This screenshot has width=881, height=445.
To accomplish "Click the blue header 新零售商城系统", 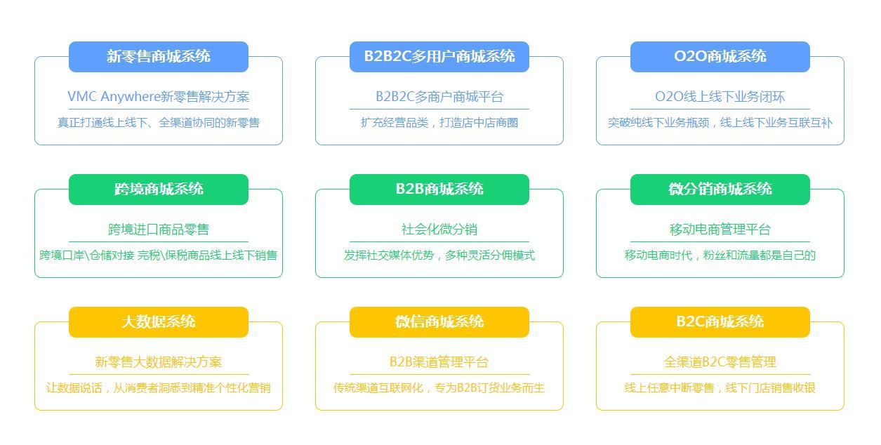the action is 159,57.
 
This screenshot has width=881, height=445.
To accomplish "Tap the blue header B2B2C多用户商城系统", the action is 439,57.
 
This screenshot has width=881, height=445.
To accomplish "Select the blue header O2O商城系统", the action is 720,57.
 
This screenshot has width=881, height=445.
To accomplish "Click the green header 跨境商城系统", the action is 159,189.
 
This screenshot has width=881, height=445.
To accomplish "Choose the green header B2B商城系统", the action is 439,189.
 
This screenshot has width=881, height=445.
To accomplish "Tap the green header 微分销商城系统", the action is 720,189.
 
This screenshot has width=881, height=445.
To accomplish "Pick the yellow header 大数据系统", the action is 159,322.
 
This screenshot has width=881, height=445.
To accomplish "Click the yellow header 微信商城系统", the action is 439,322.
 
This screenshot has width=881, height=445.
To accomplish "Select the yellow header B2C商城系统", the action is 720,322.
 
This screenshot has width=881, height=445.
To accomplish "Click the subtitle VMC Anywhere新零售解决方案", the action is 159,97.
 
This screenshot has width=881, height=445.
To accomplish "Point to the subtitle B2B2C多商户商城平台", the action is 439,97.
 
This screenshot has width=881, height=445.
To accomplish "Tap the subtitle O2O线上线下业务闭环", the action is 720,97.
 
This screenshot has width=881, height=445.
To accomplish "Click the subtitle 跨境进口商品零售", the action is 159,230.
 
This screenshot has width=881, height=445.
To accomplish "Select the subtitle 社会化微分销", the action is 439,230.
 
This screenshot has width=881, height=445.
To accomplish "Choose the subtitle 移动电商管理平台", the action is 720,230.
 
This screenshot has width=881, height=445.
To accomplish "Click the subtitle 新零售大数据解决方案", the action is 159,361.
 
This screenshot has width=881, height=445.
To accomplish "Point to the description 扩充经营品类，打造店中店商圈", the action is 439,123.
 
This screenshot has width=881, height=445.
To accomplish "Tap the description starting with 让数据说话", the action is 159,388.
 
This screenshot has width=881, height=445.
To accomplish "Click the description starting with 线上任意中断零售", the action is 720,388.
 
